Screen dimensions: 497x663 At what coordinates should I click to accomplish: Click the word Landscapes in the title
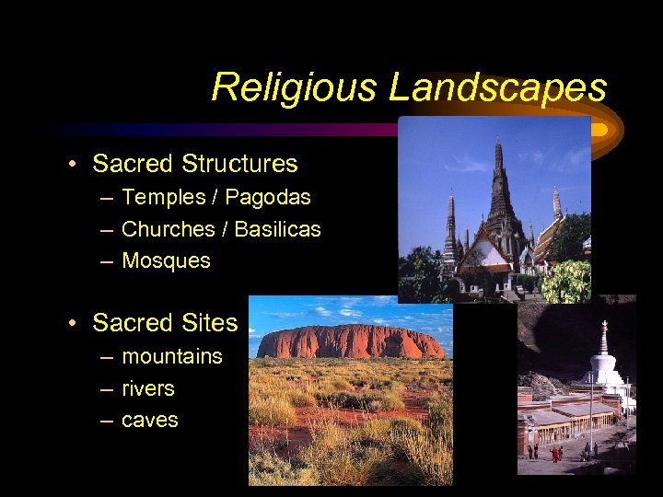(497, 87)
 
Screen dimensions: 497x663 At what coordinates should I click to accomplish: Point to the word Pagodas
(268, 197)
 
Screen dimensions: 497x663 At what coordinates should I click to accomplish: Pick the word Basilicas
(277, 229)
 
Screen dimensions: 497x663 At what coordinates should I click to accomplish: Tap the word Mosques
(166, 260)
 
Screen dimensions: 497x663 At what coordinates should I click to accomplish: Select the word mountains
(172, 356)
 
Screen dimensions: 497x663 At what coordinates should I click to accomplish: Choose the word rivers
(148, 388)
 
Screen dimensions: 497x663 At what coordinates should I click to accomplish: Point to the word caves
(150, 421)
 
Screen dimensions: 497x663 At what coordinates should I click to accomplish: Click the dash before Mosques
(106, 261)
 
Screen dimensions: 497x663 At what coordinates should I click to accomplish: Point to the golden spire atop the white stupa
(605, 329)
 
